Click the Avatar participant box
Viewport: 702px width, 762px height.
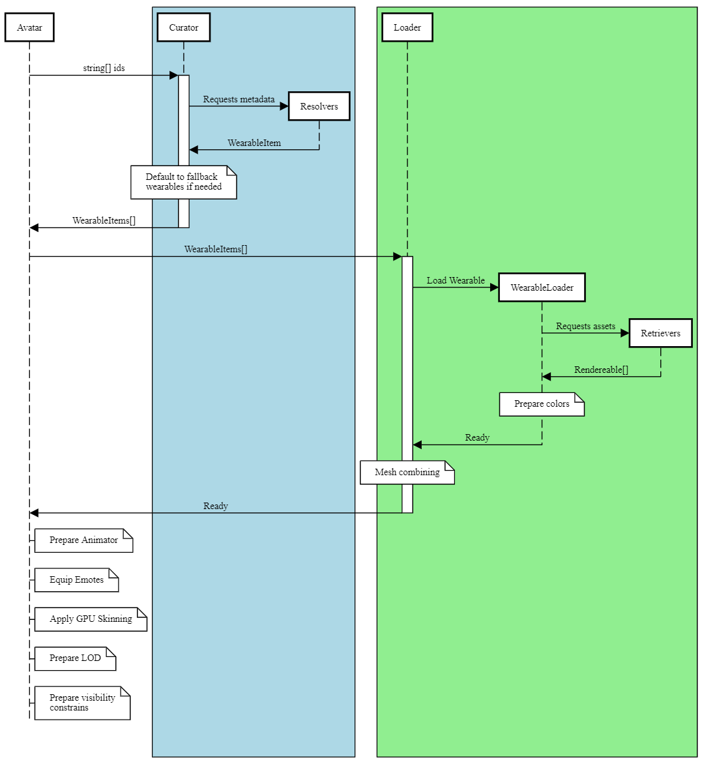tap(29, 27)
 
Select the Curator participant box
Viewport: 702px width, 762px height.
tap(183, 27)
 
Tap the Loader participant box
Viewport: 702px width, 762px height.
tap(407, 27)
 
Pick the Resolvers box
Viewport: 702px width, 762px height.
tap(319, 106)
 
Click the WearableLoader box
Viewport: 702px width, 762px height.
tap(542, 287)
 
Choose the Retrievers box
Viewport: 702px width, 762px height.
tap(660, 333)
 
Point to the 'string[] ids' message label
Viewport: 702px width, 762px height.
tap(104, 68)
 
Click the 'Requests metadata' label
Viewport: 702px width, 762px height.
tap(239, 99)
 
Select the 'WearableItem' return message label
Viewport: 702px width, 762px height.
tap(254, 143)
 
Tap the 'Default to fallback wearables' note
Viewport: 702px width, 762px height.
tap(183, 182)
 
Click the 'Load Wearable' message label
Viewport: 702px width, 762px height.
tap(456, 280)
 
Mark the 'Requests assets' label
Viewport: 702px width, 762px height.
tap(585, 326)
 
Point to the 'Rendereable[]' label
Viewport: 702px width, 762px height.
tap(601, 370)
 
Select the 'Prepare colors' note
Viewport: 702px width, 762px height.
tap(542, 404)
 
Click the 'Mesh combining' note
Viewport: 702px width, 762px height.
tap(407, 472)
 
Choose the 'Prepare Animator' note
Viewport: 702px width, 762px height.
tap(83, 540)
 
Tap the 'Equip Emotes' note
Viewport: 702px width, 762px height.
tap(76, 579)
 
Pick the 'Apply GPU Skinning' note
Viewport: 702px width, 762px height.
tap(91, 619)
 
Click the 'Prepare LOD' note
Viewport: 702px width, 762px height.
tap(75, 658)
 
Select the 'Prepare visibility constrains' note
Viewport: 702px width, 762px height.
tap(82, 703)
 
